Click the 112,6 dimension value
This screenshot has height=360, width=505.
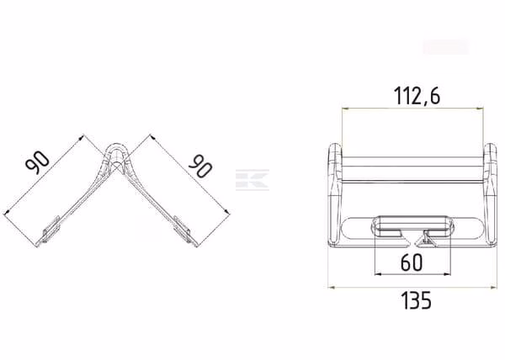pos(417,96)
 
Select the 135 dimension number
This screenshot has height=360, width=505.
pos(416,300)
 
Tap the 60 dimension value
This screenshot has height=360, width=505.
pos(412,262)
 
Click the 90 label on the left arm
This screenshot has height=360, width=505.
pos(37,163)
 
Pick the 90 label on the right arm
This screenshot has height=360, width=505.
pos(200,166)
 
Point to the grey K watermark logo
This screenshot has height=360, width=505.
pos(252,179)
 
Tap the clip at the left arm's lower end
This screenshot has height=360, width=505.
pos(51,229)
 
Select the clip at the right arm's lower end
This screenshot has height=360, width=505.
pos(182,229)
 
